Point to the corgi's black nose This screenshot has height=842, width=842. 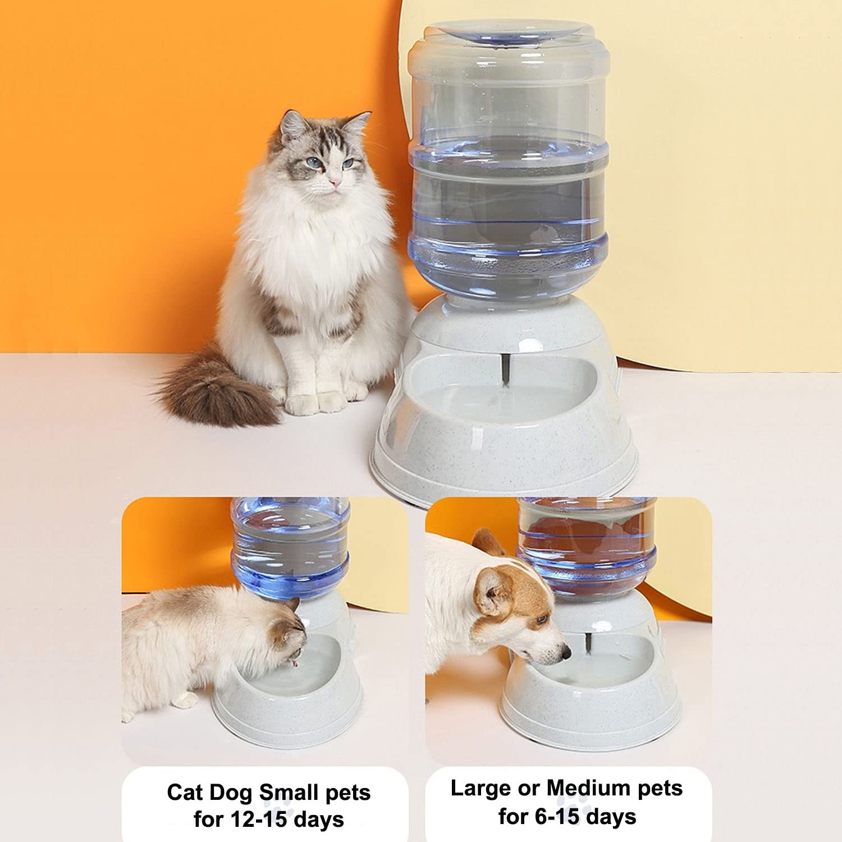point(566,652)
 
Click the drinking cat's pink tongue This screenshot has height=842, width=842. point(292,664)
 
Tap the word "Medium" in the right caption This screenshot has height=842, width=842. point(587,788)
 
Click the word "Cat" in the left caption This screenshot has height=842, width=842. point(185,793)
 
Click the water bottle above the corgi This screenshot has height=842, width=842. point(587,544)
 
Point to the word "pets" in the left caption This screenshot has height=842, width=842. point(348,793)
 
